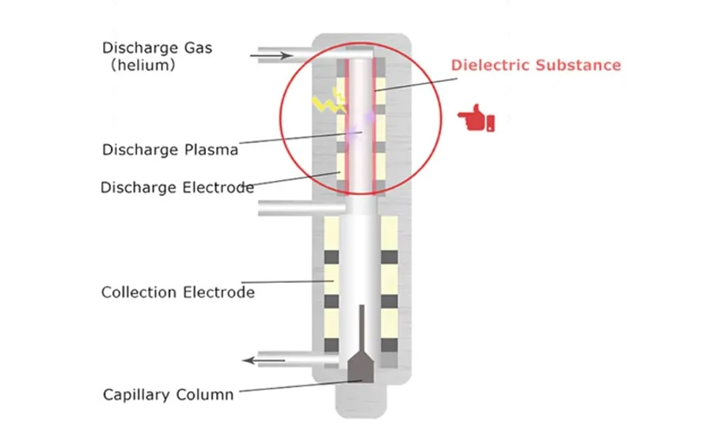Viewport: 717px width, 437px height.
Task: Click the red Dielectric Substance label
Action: (x=536, y=66)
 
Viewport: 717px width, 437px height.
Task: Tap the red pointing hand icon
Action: (x=476, y=120)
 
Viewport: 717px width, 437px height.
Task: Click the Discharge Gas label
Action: (x=157, y=48)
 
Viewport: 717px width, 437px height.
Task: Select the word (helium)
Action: (x=142, y=66)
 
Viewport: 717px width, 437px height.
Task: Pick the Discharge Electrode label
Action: (x=177, y=187)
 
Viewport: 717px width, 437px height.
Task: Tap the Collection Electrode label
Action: (x=177, y=292)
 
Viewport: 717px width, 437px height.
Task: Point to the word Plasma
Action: (x=211, y=149)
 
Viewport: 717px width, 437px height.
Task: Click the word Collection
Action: (x=139, y=292)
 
